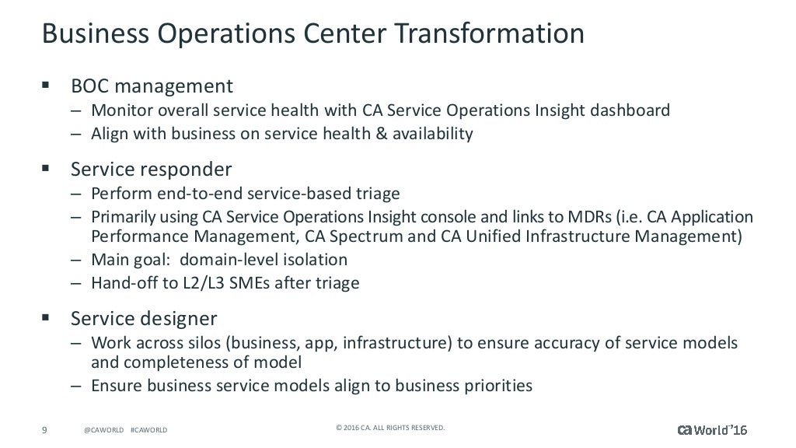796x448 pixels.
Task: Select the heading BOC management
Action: (152, 84)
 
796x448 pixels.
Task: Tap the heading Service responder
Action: (151, 168)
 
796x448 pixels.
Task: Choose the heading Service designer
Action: (144, 318)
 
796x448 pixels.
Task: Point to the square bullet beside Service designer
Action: (46, 318)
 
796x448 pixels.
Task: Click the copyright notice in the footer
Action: (390, 427)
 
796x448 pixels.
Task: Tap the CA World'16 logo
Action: (717, 429)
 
